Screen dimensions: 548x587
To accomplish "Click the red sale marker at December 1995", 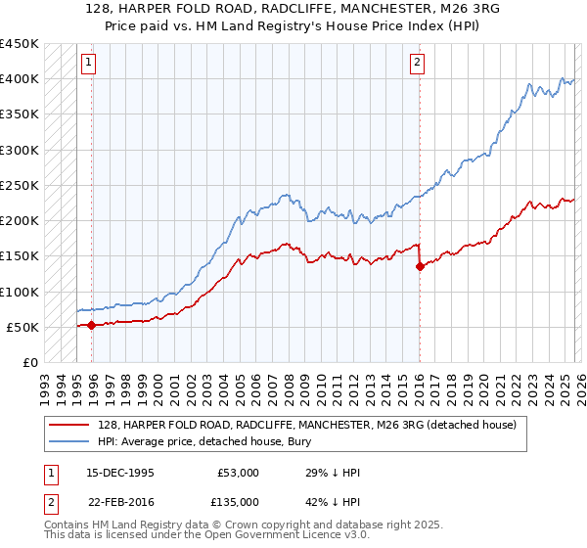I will tap(92, 325).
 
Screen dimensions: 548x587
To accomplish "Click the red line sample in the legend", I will tap(69, 425).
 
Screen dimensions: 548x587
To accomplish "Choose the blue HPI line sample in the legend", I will tap(69, 441).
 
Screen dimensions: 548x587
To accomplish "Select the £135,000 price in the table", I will tap(239, 502).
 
